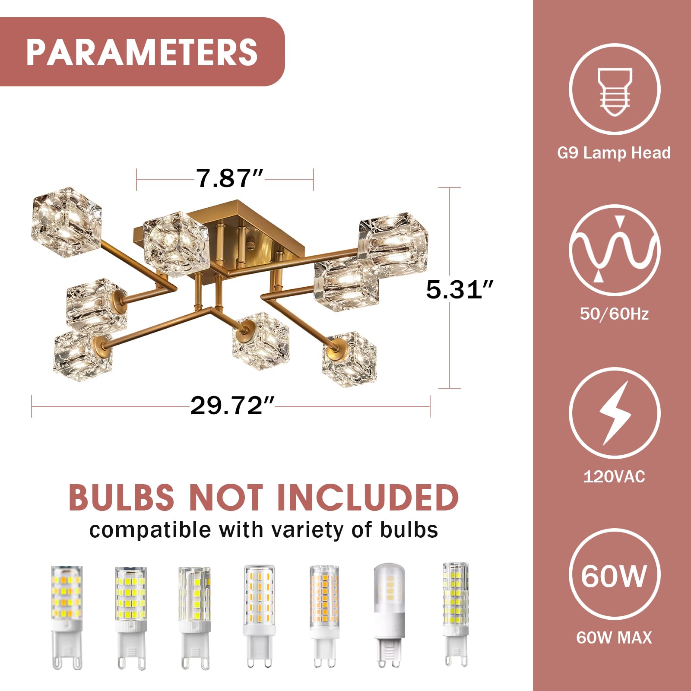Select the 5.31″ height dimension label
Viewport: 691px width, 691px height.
[460, 289]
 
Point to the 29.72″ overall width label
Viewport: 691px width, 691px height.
[232, 406]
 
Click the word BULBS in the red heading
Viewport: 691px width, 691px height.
[121, 497]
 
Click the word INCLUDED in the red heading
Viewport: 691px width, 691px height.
[368, 497]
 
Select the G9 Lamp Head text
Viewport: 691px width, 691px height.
[614, 153]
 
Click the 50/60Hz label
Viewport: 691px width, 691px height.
[614, 314]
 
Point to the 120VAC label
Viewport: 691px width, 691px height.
[614, 477]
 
